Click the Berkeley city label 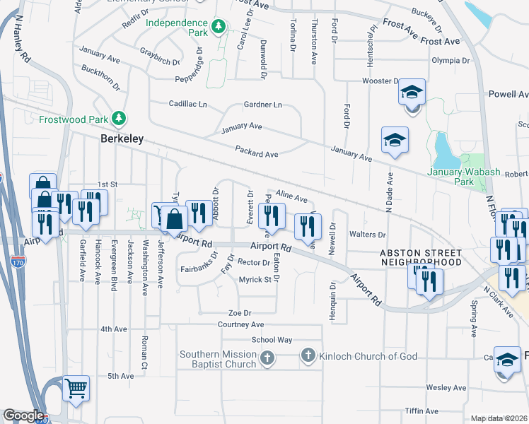[122, 139]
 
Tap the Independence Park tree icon [219, 26]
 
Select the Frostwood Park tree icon [121, 117]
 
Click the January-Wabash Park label [460, 176]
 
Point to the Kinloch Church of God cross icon [308, 355]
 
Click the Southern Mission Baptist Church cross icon [267, 358]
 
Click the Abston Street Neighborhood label [421, 257]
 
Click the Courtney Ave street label [240, 324]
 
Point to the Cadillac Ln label [188, 104]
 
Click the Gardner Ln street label [262, 105]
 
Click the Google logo [23, 416]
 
